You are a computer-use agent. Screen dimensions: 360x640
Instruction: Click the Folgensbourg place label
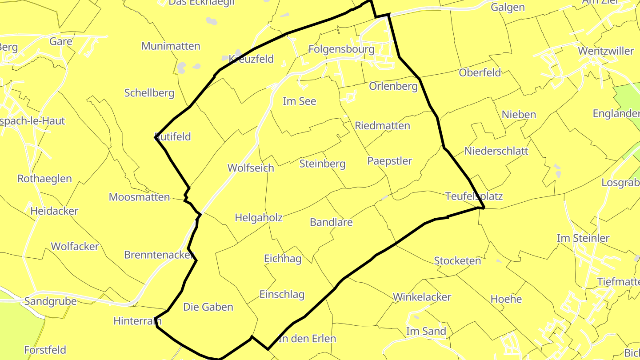[341, 49]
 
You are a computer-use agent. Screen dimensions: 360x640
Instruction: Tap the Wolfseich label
[251, 168]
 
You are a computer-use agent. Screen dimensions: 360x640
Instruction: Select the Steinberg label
[322, 164]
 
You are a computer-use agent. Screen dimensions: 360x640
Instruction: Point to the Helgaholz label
[258, 218]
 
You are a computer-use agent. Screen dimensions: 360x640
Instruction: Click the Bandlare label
[331, 222]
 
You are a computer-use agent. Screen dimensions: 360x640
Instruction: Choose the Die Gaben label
[208, 307]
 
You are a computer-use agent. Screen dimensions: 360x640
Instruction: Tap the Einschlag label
[282, 294]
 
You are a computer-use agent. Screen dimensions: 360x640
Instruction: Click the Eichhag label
[283, 259]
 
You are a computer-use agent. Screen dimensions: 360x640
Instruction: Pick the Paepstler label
[390, 161]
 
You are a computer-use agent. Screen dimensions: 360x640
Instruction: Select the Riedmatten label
[382, 126]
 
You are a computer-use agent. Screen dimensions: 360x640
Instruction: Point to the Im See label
[300, 101]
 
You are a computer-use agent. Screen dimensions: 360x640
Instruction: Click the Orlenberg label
[393, 86]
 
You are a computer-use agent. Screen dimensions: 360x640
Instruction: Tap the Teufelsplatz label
[474, 196]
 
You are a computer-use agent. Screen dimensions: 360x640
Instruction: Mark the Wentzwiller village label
[606, 51]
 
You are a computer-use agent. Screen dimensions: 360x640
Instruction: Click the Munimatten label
[171, 46]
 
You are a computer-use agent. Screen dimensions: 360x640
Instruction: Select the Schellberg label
[149, 93]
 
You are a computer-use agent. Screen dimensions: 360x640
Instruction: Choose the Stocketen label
[457, 261]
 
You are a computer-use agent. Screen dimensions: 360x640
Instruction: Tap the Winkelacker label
[422, 297]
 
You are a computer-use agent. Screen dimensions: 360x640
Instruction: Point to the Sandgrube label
[50, 301]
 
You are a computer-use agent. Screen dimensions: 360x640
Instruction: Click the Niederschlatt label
[496, 151]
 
